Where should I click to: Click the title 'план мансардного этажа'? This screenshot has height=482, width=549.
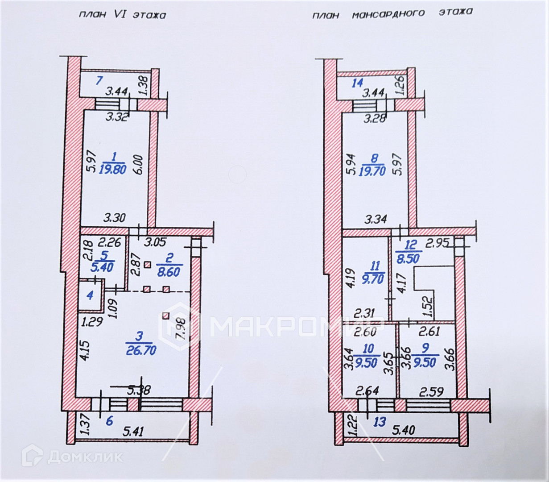pyautogui.click(x=391, y=13)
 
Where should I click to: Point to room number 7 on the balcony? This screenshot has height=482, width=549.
pyautogui.click(x=100, y=81)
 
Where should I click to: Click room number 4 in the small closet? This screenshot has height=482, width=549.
pyautogui.click(x=91, y=295)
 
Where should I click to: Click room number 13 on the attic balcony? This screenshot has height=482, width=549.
pyautogui.click(x=379, y=421)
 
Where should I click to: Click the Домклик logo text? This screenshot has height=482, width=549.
pyautogui.click(x=85, y=457)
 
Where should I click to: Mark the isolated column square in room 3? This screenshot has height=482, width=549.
pyautogui.click(x=166, y=316)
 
